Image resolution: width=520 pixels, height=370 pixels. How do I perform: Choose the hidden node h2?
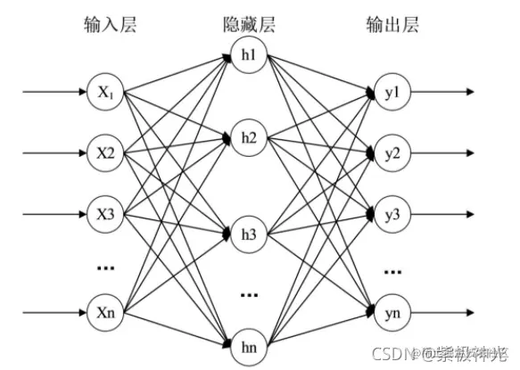248,139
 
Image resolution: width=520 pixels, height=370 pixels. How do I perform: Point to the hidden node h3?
248,235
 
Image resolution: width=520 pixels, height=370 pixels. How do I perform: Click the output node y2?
389,152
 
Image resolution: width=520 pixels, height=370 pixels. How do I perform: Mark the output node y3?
389,214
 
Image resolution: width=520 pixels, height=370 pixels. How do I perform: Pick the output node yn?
389,312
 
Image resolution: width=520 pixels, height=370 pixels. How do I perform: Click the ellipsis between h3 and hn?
249,292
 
